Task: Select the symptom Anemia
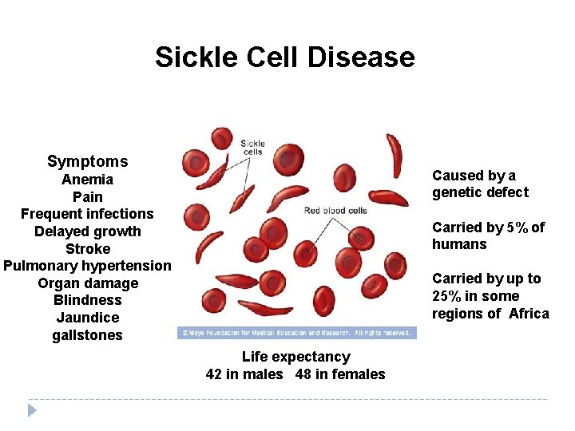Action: tap(87, 180)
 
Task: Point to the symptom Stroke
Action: tap(87, 248)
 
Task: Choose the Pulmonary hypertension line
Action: tap(87, 266)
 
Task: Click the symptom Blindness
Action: tap(87, 300)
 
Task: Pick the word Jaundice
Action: tap(87, 318)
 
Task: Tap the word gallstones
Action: tap(87, 335)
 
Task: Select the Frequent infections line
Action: tap(87, 214)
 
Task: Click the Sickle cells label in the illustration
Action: tap(252, 148)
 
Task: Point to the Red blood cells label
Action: tap(335, 211)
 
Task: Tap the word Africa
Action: tap(529, 314)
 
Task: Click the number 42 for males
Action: tap(214, 374)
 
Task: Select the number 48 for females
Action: tap(303, 374)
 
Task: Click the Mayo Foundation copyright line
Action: tap(296, 333)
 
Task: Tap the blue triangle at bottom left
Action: tap(32, 410)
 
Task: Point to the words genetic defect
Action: tap(480, 192)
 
